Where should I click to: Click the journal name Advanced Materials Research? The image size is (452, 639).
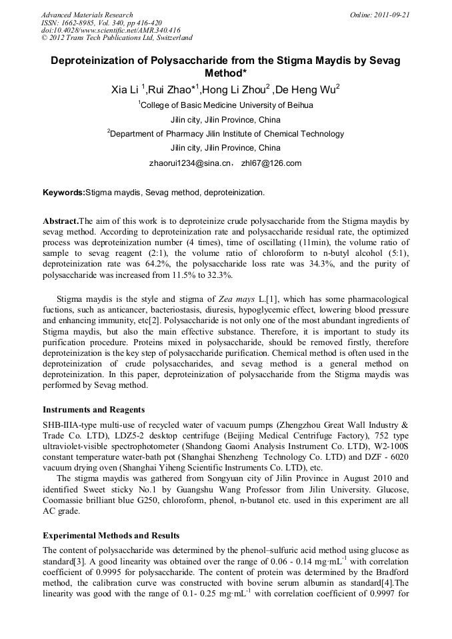click(87, 14)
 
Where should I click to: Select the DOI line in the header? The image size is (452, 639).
click(110, 30)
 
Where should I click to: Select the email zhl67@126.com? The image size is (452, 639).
click(271, 163)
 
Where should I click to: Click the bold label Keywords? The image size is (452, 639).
click(64, 193)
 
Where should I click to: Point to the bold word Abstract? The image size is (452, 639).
click(61, 220)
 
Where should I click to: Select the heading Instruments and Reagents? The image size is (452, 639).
click(94, 409)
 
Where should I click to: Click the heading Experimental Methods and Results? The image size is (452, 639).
click(111, 535)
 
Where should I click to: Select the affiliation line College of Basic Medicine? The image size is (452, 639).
click(225, 105)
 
